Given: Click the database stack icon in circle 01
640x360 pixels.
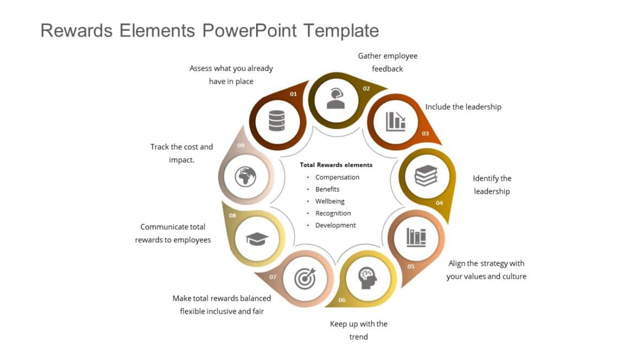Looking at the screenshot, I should pyautogui.click(x=277, y=121).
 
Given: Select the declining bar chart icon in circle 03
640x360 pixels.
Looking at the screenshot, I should pyautogui.click(x=395, y=121).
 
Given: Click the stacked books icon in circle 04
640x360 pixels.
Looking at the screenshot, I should pyautogui.click(x=426, y=176).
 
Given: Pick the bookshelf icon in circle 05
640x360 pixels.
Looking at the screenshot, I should pyautogui.click(x=417, y=237).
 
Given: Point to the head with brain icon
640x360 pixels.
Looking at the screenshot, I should pyautogui.click(x=368, y=278).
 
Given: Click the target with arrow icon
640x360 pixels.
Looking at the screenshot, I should pyautogui.click(x=304, y=278).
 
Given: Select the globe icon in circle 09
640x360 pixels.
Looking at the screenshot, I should pyautogui.click(x=245, y=176).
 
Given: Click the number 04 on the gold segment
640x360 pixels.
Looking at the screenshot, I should pyautogui.click(x=439, y=203).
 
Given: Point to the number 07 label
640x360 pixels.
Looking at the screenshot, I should pyautogui.click(x=273, y=277).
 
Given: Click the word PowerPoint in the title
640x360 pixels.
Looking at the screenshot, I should pyautogui.click(x=249, y=30).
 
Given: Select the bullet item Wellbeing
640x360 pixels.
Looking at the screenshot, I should pyautogui.click(x=330, y=201).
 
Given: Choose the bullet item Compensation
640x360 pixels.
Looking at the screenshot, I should pyautogui.click(x=337, y=177).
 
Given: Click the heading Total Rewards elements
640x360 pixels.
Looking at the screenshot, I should pyautogui.click(x=336, y=165).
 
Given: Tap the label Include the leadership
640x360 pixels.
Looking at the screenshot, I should pyautogui.click(x=463, y=107).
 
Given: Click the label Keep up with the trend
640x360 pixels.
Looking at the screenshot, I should pyautogui.click(x=359, y=330).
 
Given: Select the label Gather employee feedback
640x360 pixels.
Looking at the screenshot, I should pyautogui.click(x=387, y=62).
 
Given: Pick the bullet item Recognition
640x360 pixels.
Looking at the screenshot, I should pyautogui.click(x=333, y=213).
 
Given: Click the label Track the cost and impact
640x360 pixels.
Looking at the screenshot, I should pyautogui.click(x=181, y=153).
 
